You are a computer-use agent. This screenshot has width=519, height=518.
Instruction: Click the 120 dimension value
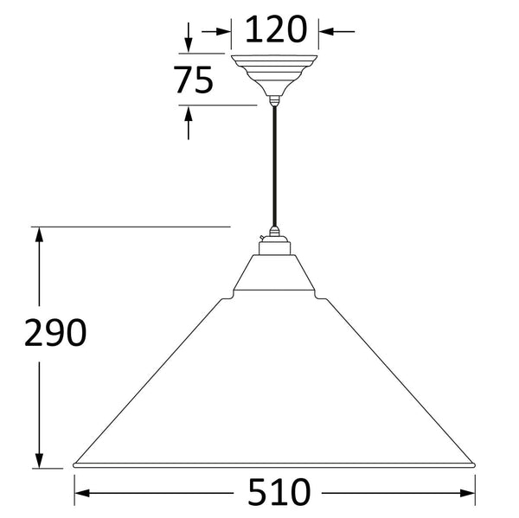coord(276,29)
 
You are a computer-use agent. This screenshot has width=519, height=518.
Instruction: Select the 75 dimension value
coord(193,80)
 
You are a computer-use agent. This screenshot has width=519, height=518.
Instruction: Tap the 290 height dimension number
coord(55,333)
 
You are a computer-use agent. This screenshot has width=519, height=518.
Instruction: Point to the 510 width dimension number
coord(279,493)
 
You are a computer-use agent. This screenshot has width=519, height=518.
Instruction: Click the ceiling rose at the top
coord(274,75)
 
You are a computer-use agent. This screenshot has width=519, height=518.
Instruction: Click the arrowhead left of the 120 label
coord(224,32)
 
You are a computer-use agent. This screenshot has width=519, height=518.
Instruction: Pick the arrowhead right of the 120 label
coord(326,32)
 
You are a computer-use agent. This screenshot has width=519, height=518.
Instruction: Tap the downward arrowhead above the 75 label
coord(189,45)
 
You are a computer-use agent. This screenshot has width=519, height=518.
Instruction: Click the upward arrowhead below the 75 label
coord(189,113)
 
